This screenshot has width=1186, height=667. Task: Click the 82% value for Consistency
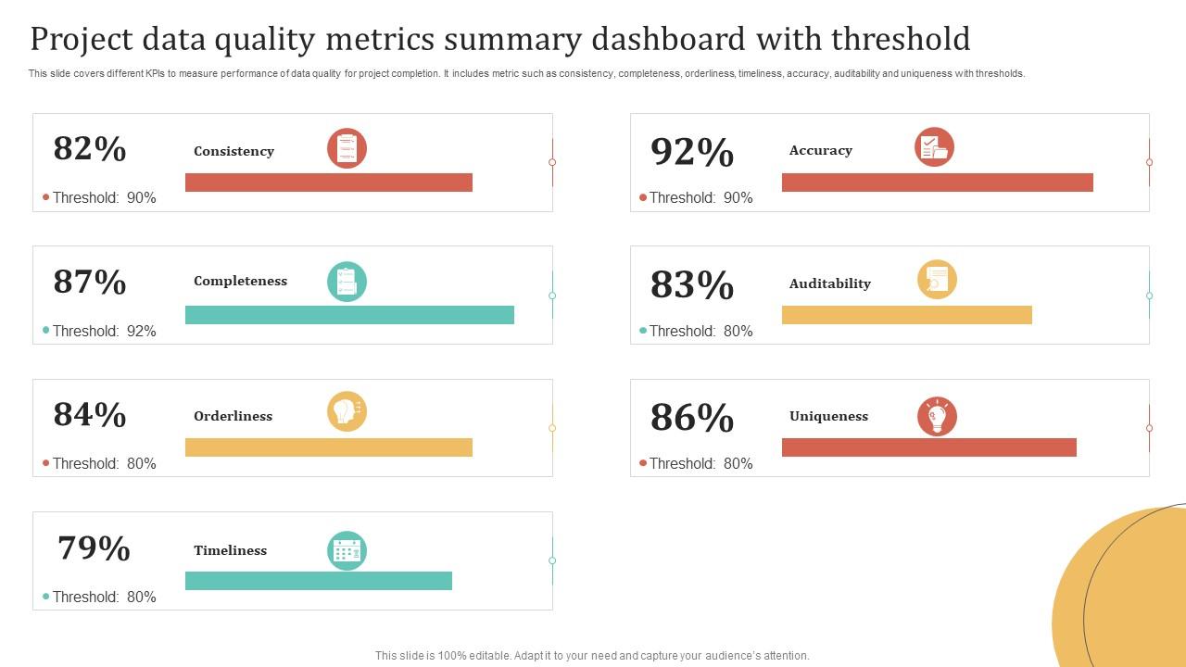point(90,149)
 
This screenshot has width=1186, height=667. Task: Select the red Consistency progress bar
point(329,182)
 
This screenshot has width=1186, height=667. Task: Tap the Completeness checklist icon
point(347,282)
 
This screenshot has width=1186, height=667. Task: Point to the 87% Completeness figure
point(90,282)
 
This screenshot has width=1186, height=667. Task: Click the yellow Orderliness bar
point(329,447)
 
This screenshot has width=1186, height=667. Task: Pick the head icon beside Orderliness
point(347,411)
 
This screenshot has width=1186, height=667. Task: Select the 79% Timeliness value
point(94,548)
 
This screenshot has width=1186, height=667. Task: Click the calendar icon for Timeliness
point(347,551)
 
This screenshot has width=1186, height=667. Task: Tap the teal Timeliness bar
point(319,581)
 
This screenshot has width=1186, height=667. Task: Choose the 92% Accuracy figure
point(692,153)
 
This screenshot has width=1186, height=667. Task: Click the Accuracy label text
point(820,150)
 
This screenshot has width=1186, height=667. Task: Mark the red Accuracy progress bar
point(937,182)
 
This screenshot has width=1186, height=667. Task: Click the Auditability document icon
point(937,280)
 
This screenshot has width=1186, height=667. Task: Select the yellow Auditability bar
point(906,315)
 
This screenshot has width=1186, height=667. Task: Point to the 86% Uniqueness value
point(692,419)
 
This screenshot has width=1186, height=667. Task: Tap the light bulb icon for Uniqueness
point(937,417)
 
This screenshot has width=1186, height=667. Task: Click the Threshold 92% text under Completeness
point(104,331)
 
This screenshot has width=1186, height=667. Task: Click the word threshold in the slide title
point(901,39)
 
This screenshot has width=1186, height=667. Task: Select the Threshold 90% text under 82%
point(104,197)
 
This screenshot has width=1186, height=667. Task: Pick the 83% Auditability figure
point(692,286)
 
